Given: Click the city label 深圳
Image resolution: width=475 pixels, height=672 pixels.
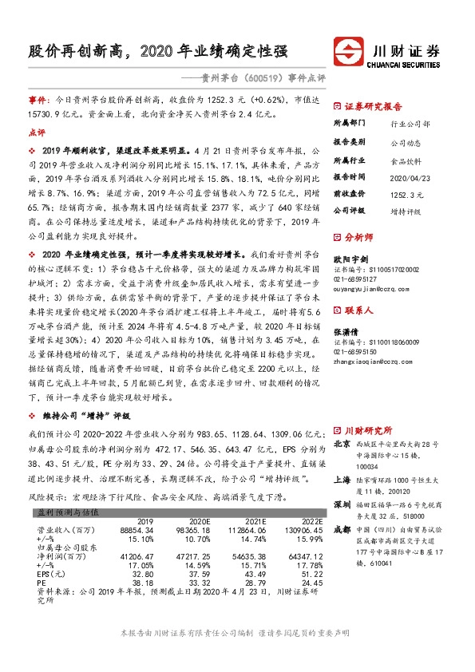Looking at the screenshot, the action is (341, 504).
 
